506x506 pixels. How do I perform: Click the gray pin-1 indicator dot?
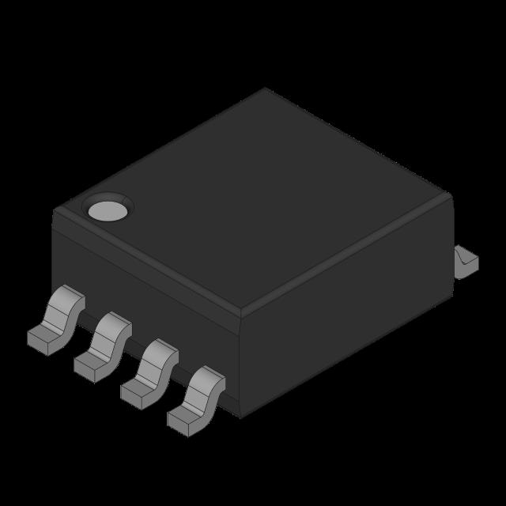click(x=108, y=210)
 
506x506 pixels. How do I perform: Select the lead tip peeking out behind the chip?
click(x=466, y=261)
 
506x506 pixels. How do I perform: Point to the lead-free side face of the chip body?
click(x=348, y=316)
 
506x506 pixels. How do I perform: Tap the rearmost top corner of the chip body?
click(x=266, y=89)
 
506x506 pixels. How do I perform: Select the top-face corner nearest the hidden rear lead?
click(x=450, y=194)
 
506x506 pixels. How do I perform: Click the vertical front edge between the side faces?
click(x=240, y=364)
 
